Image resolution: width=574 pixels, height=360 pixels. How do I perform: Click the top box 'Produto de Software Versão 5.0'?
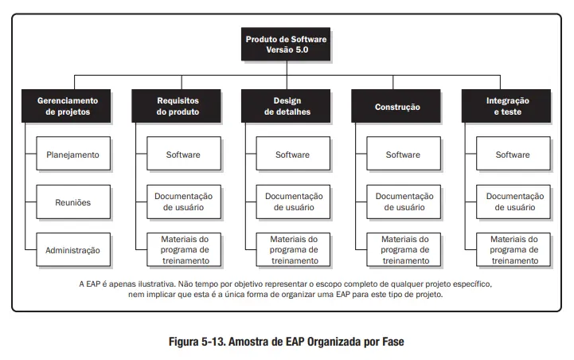287,44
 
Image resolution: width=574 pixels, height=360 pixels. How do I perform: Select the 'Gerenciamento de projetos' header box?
68,107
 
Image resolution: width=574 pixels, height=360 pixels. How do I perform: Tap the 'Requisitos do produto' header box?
177,107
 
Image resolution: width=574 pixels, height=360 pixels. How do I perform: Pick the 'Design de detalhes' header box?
287,107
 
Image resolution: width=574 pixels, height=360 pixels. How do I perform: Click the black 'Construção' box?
396,107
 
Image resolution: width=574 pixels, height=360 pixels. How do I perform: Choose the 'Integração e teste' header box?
506,107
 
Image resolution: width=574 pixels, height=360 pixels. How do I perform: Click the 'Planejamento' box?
72,155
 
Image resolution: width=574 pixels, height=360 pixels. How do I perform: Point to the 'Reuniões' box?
72,202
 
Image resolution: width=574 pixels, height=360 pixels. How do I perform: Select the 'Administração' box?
72,250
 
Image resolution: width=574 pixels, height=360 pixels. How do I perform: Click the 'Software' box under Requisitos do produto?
183,155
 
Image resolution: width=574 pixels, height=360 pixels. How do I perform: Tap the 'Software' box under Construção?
403,155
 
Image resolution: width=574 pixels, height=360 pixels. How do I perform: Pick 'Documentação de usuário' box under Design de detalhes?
293,202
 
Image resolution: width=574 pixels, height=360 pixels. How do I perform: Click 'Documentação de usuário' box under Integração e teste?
513,202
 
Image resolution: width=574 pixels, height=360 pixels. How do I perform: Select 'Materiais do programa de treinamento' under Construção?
403,249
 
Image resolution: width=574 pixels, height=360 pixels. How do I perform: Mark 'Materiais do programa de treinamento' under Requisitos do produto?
183,249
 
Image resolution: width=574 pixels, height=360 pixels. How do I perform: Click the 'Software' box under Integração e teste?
513,155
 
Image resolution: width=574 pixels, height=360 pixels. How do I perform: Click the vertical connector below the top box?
287,68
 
